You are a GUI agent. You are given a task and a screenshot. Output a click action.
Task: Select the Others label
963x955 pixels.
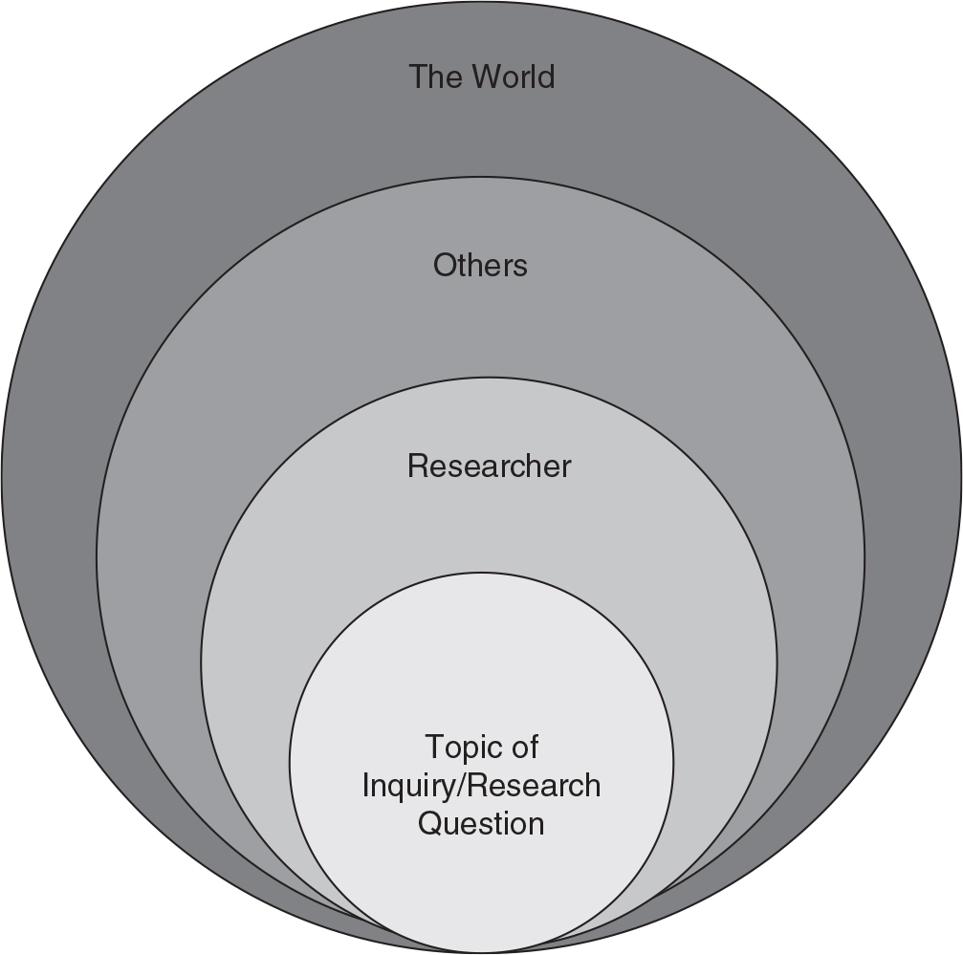(x=480, y=265)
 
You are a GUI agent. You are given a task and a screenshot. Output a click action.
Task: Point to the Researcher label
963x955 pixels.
(x=489, y=467)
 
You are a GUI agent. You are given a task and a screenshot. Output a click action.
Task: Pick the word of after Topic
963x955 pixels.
(x=524, y=747)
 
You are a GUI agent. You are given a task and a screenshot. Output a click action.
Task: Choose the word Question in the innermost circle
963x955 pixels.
(x=481, y=823)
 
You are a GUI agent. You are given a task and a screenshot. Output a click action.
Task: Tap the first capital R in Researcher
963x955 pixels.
(x=417, y=467)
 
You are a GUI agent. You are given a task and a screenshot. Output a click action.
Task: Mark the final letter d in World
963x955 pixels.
(x=546, y=76)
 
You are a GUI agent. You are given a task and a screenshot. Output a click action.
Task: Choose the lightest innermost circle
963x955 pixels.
(x=481, y=669)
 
